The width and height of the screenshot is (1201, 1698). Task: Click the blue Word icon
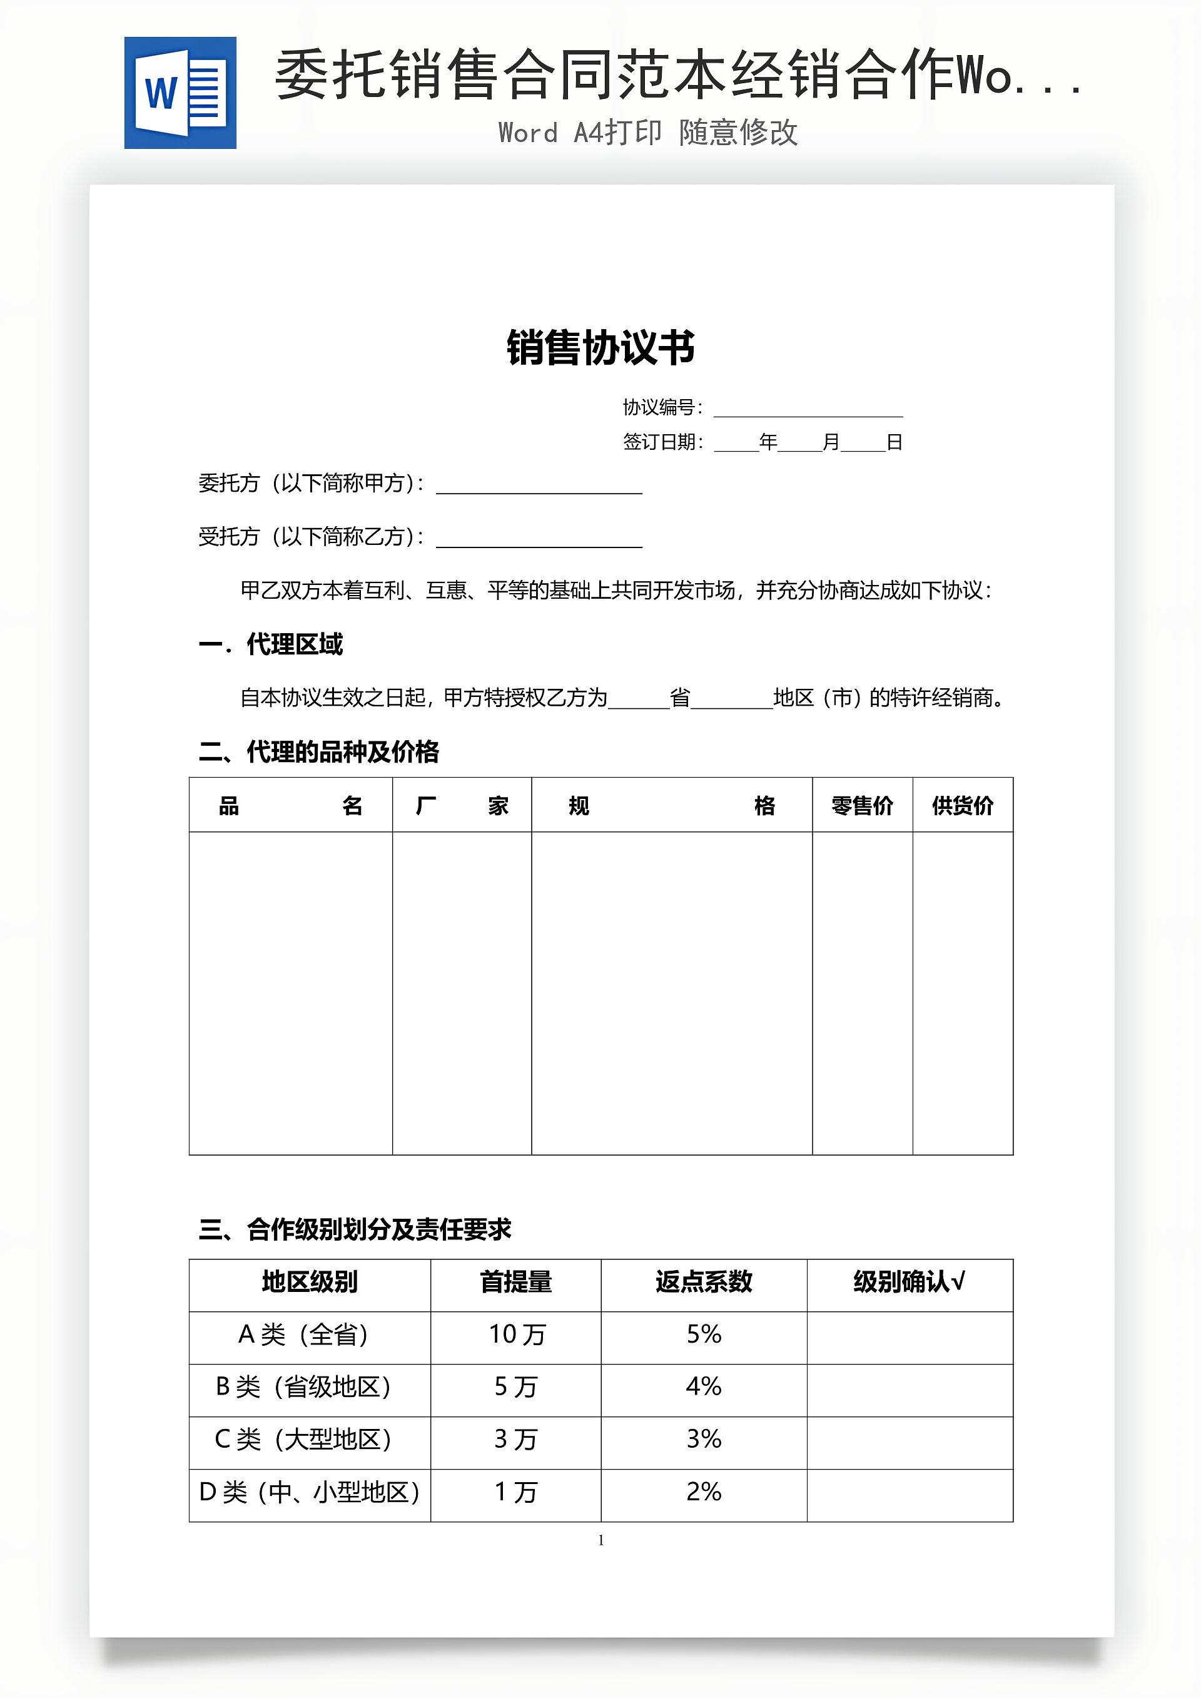[x=180, y=93]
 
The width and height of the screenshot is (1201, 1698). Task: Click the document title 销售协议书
[x=600, y=348]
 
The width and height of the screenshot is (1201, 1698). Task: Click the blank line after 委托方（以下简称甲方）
[x=539, y=485]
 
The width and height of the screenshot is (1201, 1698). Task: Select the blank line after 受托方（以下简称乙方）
[x=539, y=539]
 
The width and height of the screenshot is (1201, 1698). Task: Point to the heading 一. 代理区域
[x=271, y=644]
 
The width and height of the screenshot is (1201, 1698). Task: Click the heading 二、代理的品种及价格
[x=319, y=752]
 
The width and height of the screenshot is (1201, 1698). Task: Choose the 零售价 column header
[x=863, y=805]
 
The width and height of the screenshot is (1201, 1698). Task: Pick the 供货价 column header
[x=962, y=805]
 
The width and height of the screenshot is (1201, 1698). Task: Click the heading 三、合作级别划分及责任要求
[x=355, y=1229]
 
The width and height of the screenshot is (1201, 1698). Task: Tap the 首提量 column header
[x=515, y=1283]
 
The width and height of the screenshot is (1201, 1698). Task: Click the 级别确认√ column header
[x=909, y=1283]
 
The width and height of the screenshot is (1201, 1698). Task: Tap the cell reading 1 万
[x=515, y=1492]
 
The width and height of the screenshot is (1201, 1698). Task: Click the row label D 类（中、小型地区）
[x=310, y=1492]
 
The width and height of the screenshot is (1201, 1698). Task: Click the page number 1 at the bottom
[x=600, y=1540]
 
